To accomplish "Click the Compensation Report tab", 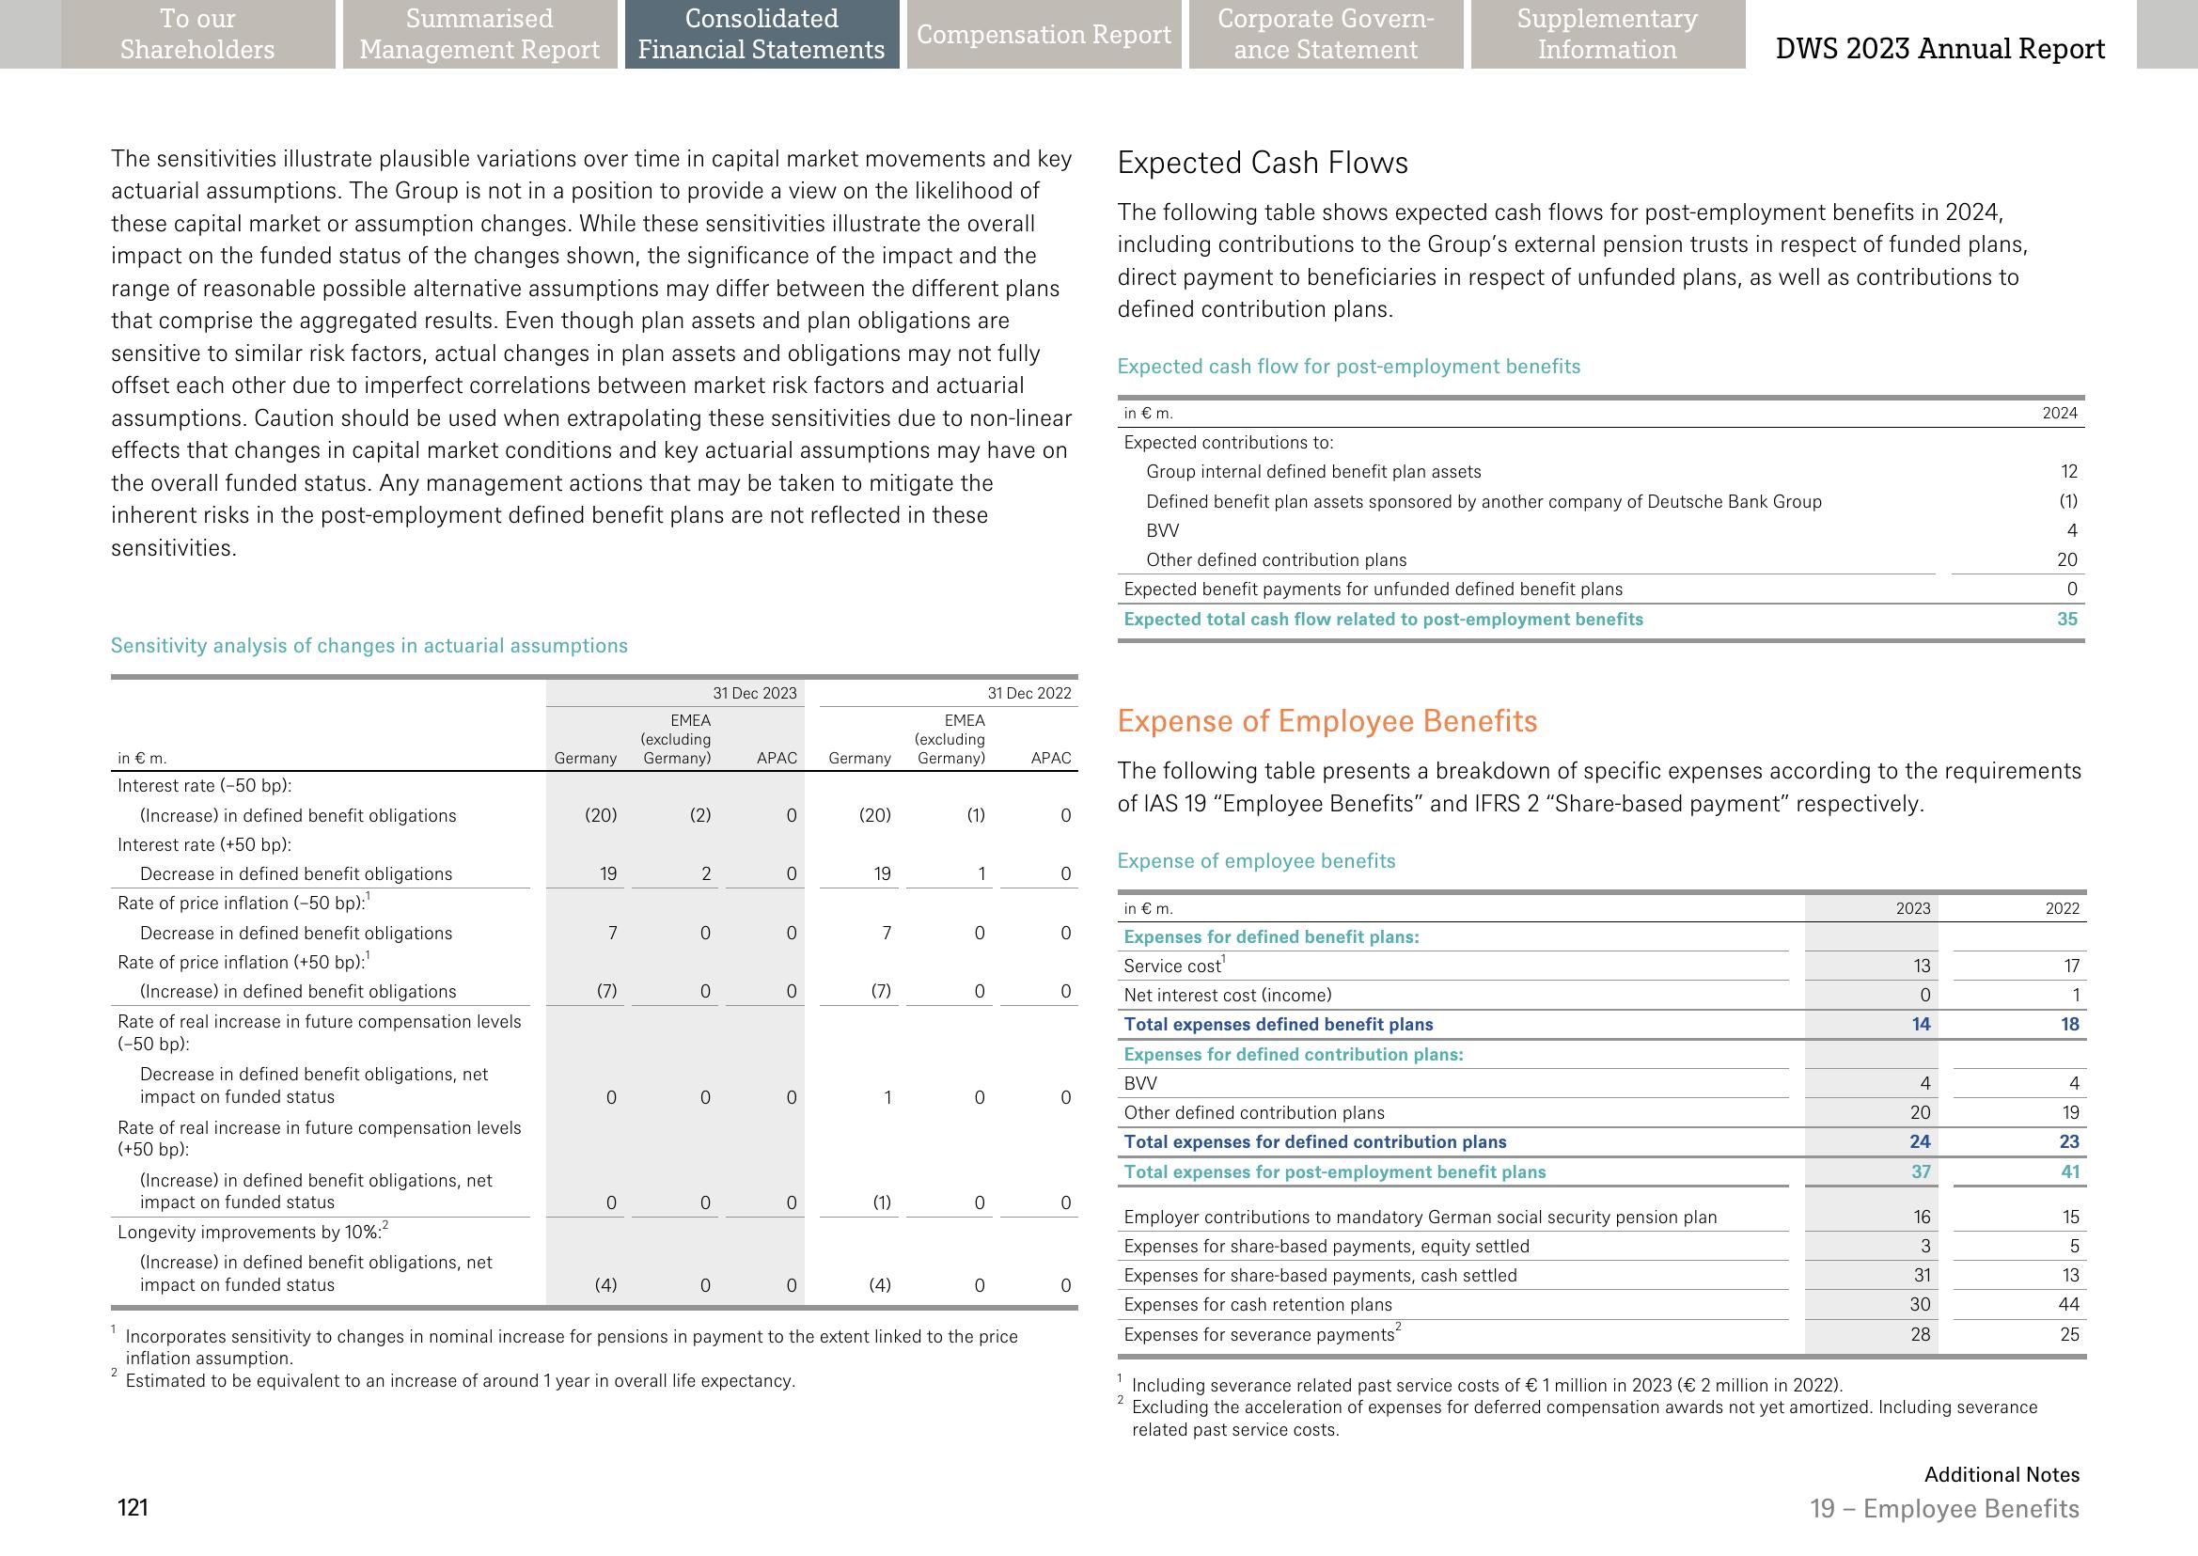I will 1044,35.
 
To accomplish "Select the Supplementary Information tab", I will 1607,35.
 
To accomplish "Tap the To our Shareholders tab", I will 197,35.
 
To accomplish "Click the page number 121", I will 133,1508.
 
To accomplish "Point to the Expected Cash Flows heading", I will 1262,163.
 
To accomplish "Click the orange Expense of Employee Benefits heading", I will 1327,720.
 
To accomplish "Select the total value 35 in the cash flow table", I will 2066,619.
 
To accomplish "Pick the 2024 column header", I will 2059,413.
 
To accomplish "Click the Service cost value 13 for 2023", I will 1920,966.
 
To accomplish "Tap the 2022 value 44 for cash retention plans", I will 2068,1304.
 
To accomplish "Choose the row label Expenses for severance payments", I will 1258,1334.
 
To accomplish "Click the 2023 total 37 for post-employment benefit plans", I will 1920,1171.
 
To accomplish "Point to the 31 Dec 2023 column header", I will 754,693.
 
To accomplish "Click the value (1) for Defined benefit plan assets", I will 2068,501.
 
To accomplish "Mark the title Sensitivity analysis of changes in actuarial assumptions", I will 369,646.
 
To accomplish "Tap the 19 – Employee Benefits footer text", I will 1944,1509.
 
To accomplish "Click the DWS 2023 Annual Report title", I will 1939,49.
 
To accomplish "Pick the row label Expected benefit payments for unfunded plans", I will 1372,589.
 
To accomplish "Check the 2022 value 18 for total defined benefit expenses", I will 2069,1024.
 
